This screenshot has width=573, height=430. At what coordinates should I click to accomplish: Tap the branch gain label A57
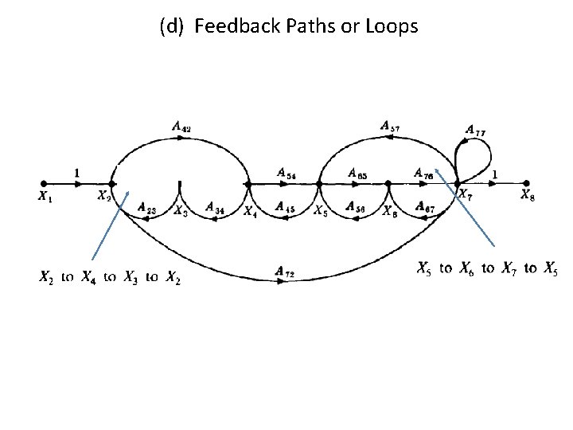(390, 125)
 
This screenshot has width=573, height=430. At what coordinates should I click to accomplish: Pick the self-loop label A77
(476, 131)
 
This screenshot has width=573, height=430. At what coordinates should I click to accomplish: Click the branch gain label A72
(284, 272)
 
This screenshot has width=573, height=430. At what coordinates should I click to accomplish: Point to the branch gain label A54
(287, 173)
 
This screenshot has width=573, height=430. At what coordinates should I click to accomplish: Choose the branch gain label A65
(357, 173)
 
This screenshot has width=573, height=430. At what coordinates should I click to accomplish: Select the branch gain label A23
(146, 207)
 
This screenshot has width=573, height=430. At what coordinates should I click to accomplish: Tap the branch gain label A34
(214, 207)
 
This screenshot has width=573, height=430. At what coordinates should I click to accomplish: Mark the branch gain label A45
(286, 207)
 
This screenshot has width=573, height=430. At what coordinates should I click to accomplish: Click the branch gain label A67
(424, 207)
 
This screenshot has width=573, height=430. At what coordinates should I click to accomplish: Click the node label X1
(45, 197)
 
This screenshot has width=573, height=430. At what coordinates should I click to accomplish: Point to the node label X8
(527, 194)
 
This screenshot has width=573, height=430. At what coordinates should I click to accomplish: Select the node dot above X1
(44, 182)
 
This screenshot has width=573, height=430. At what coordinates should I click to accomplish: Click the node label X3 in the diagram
(181, 211)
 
